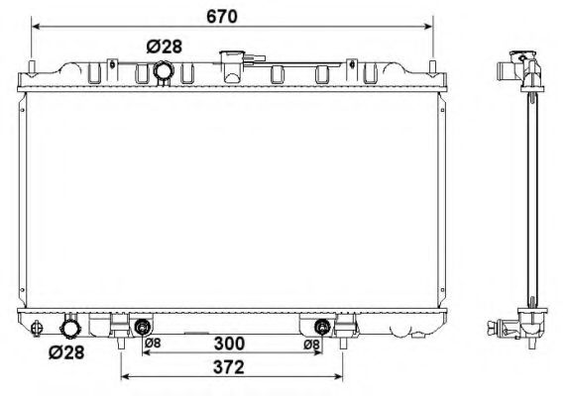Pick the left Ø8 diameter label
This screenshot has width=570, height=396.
[154, 344]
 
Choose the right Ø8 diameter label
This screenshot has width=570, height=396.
[310, 344]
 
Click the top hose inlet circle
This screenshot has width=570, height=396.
[165, 71]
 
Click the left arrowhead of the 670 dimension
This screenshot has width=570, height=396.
[37, 26]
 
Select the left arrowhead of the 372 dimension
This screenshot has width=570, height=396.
[124, 377]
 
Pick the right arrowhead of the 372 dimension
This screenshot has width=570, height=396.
[341, 377]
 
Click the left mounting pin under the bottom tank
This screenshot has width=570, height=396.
[121, 344]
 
